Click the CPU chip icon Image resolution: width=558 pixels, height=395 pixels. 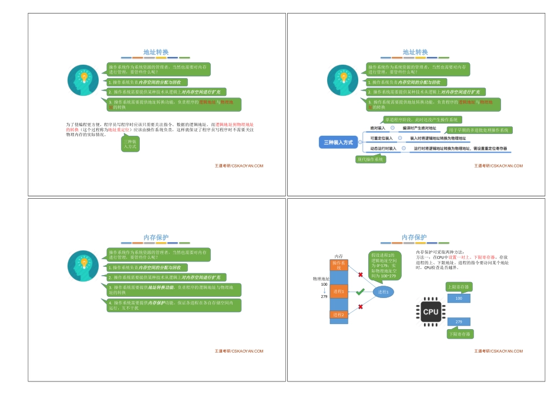431,312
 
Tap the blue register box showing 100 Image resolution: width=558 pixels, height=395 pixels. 459,299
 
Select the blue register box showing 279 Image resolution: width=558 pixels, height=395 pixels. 459,322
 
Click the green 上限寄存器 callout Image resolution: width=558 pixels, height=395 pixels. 460,287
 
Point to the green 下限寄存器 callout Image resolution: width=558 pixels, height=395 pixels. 460,334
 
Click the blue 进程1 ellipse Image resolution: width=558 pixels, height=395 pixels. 383,292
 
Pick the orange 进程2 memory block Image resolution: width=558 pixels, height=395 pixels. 339,315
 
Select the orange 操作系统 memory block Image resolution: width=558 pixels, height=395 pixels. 339,265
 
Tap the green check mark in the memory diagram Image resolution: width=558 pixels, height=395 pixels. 360,292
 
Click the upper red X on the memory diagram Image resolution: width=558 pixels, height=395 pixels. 360,275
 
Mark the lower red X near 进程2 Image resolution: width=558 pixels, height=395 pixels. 360,307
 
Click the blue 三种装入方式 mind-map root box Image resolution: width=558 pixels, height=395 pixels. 339,143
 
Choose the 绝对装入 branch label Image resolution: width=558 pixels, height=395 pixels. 378,128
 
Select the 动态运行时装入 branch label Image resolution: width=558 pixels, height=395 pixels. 383,149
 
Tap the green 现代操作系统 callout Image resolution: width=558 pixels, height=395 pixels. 371,159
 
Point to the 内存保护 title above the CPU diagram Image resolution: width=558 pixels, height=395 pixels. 414,237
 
